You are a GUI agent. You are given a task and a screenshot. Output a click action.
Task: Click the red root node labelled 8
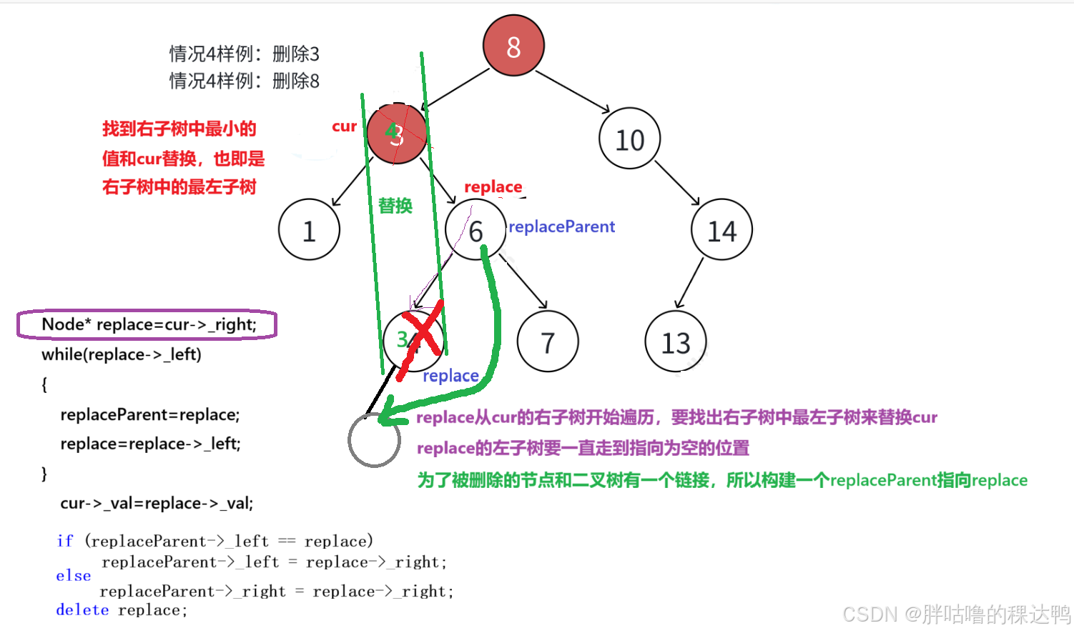(513, 46)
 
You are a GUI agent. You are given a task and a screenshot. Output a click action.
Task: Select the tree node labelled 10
(629, 139)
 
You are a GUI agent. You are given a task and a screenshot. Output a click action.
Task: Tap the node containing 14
(721, 230)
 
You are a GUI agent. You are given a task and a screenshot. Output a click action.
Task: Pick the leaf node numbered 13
(675, 342)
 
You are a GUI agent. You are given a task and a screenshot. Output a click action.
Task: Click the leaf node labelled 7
(548, 342)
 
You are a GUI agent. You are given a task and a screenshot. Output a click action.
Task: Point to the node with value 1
(309, 230)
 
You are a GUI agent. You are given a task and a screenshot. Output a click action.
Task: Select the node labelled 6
(476, 230)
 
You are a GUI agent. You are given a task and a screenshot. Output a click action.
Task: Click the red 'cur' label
(344, 126)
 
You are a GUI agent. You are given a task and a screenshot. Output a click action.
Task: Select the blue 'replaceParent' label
(561, 226)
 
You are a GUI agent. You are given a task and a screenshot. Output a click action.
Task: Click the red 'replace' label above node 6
(493, 186)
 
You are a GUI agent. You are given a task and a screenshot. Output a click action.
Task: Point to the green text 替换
(395, 206)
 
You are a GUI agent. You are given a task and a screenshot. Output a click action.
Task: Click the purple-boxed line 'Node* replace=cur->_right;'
(148, 324)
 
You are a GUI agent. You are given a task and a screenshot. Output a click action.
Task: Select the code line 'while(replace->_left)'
(122, 354)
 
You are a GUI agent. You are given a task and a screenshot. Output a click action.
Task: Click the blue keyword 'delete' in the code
(82, 610)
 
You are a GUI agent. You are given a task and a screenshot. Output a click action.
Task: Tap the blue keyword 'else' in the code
(74, 576)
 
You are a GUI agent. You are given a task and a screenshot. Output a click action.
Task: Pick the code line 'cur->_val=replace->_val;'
(157, 503)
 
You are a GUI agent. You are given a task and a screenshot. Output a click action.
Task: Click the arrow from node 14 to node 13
(689, 284)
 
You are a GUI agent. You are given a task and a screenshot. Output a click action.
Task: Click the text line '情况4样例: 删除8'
(244, 81)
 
